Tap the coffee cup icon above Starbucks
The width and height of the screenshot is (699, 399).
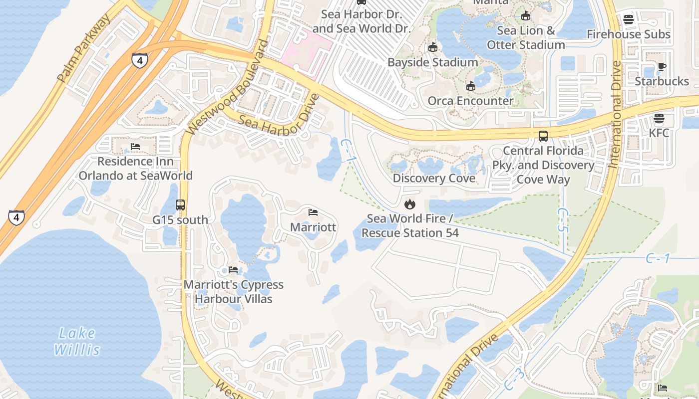pos(662,66)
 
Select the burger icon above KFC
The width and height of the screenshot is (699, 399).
pos(659,118)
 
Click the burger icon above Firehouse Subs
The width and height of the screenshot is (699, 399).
pos(628,19)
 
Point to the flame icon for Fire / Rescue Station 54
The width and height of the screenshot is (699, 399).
pos(410,204)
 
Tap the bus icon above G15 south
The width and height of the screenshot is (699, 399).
pos(180,205)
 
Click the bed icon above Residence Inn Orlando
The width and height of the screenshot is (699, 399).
pos(135,147)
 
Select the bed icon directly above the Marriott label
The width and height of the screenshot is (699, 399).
pos(313,212)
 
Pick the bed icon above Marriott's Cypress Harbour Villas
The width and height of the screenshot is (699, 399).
pos(233,270)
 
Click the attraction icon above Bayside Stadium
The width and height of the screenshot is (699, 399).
pos(433,47)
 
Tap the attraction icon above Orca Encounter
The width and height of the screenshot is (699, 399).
pos(470,86)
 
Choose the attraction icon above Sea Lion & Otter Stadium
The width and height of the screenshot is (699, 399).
pos(525,16)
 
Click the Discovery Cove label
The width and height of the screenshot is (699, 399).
pos(434,178)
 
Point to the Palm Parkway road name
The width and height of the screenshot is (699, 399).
pos(84,48)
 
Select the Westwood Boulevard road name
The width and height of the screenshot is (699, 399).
pos(227,87)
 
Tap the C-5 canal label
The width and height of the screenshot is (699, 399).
pos(563,220)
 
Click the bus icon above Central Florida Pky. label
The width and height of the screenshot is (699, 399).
pos(543,136)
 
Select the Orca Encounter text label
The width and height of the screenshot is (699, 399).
pos(470,101)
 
